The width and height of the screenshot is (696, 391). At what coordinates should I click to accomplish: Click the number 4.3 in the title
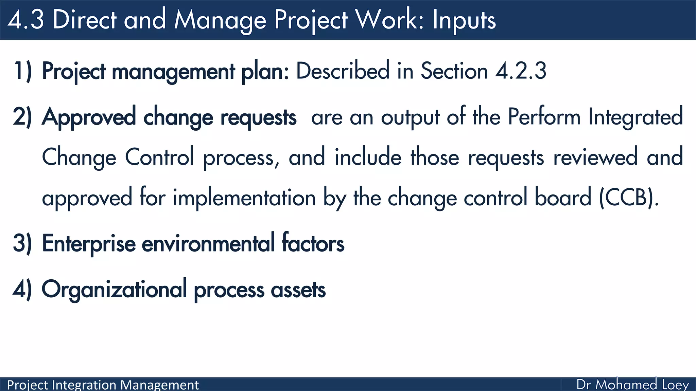click(x=25, y=20)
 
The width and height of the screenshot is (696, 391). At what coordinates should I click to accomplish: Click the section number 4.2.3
click(x=521, y=71)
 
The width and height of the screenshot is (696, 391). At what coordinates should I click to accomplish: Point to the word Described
click(x=343, y=71)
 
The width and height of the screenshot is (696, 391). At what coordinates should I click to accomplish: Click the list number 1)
click(x=22, y=71)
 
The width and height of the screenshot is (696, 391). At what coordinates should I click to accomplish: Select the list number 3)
click(x=22, y=243)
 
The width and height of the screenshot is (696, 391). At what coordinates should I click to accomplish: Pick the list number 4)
click(x=22, y=290)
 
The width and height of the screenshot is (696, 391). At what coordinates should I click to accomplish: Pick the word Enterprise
click(x=89, y=243)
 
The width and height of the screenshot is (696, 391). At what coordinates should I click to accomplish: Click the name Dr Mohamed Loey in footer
click(x=632, y=385)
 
